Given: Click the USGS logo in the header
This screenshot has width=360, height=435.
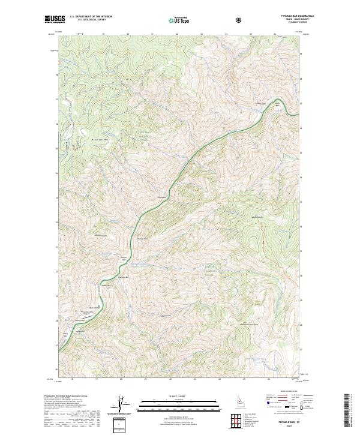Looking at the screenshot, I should tap(54, 19).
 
